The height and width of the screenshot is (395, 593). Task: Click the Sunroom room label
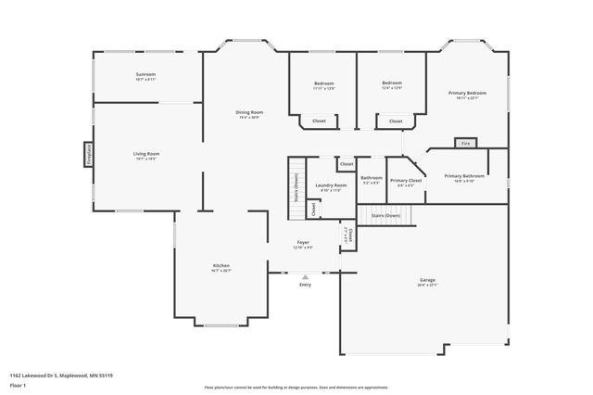tap(145, 75)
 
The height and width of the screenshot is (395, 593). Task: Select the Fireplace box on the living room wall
tap(89, 154)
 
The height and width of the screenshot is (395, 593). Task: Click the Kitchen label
tap(220, 266)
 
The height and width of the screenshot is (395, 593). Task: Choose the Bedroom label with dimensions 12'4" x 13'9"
tap(392, 83)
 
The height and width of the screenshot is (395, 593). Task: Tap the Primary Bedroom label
tap(467, 93)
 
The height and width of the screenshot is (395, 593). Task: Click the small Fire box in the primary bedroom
tap(465, 144)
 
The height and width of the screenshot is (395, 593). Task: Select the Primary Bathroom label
tap(464, 176)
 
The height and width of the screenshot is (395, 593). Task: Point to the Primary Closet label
tap(406, 181)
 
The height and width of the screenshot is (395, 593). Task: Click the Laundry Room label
tap(331, 185)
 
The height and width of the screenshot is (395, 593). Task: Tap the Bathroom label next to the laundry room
tap(372, 178)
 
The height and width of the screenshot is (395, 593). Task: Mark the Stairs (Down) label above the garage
tap(385, 215)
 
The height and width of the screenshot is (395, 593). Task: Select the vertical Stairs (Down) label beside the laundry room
tap(296, 186)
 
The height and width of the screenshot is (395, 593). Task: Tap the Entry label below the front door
tap(305, 285)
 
